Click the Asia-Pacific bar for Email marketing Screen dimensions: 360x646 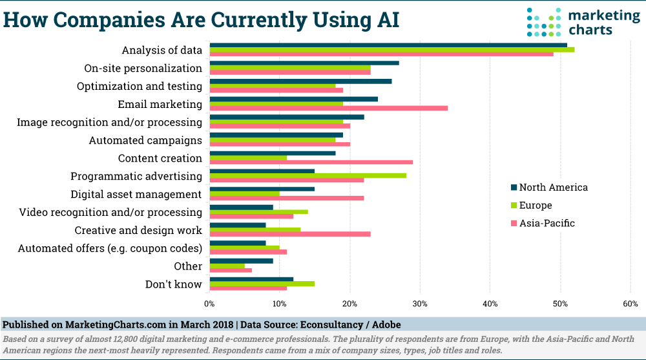pos(329,108)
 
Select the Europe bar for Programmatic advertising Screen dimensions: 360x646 pos(308,175)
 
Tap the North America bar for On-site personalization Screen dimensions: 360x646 pos(304,63)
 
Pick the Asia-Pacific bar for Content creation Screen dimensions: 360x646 pos(311,162)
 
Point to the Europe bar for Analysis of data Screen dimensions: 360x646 pos(392,49)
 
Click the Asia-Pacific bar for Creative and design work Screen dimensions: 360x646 pos(290,234)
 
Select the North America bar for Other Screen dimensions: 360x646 pos(242,261)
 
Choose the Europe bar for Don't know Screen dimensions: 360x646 pos(262,283)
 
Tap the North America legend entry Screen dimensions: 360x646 pos(549,187)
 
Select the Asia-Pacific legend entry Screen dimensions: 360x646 pos(543,224)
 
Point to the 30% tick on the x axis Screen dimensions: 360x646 pos(420,303)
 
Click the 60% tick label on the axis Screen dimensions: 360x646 pos(630,303)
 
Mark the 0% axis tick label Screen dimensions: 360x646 pos(210,303)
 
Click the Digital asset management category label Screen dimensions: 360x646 pos(136,194)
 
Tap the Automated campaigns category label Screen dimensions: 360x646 pos(145,140)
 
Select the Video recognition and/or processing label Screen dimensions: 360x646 pos(110,212)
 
